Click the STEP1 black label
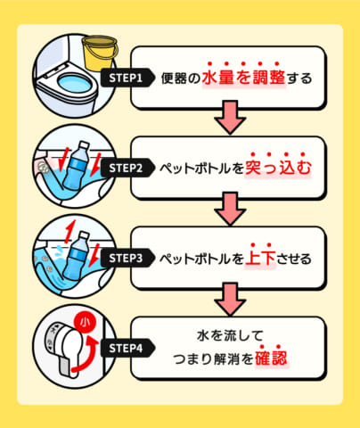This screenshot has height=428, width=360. (x=126, y=78)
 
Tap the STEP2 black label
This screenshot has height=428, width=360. (x=126, y=167)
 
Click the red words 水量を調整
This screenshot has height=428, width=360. (x=245, y=78)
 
